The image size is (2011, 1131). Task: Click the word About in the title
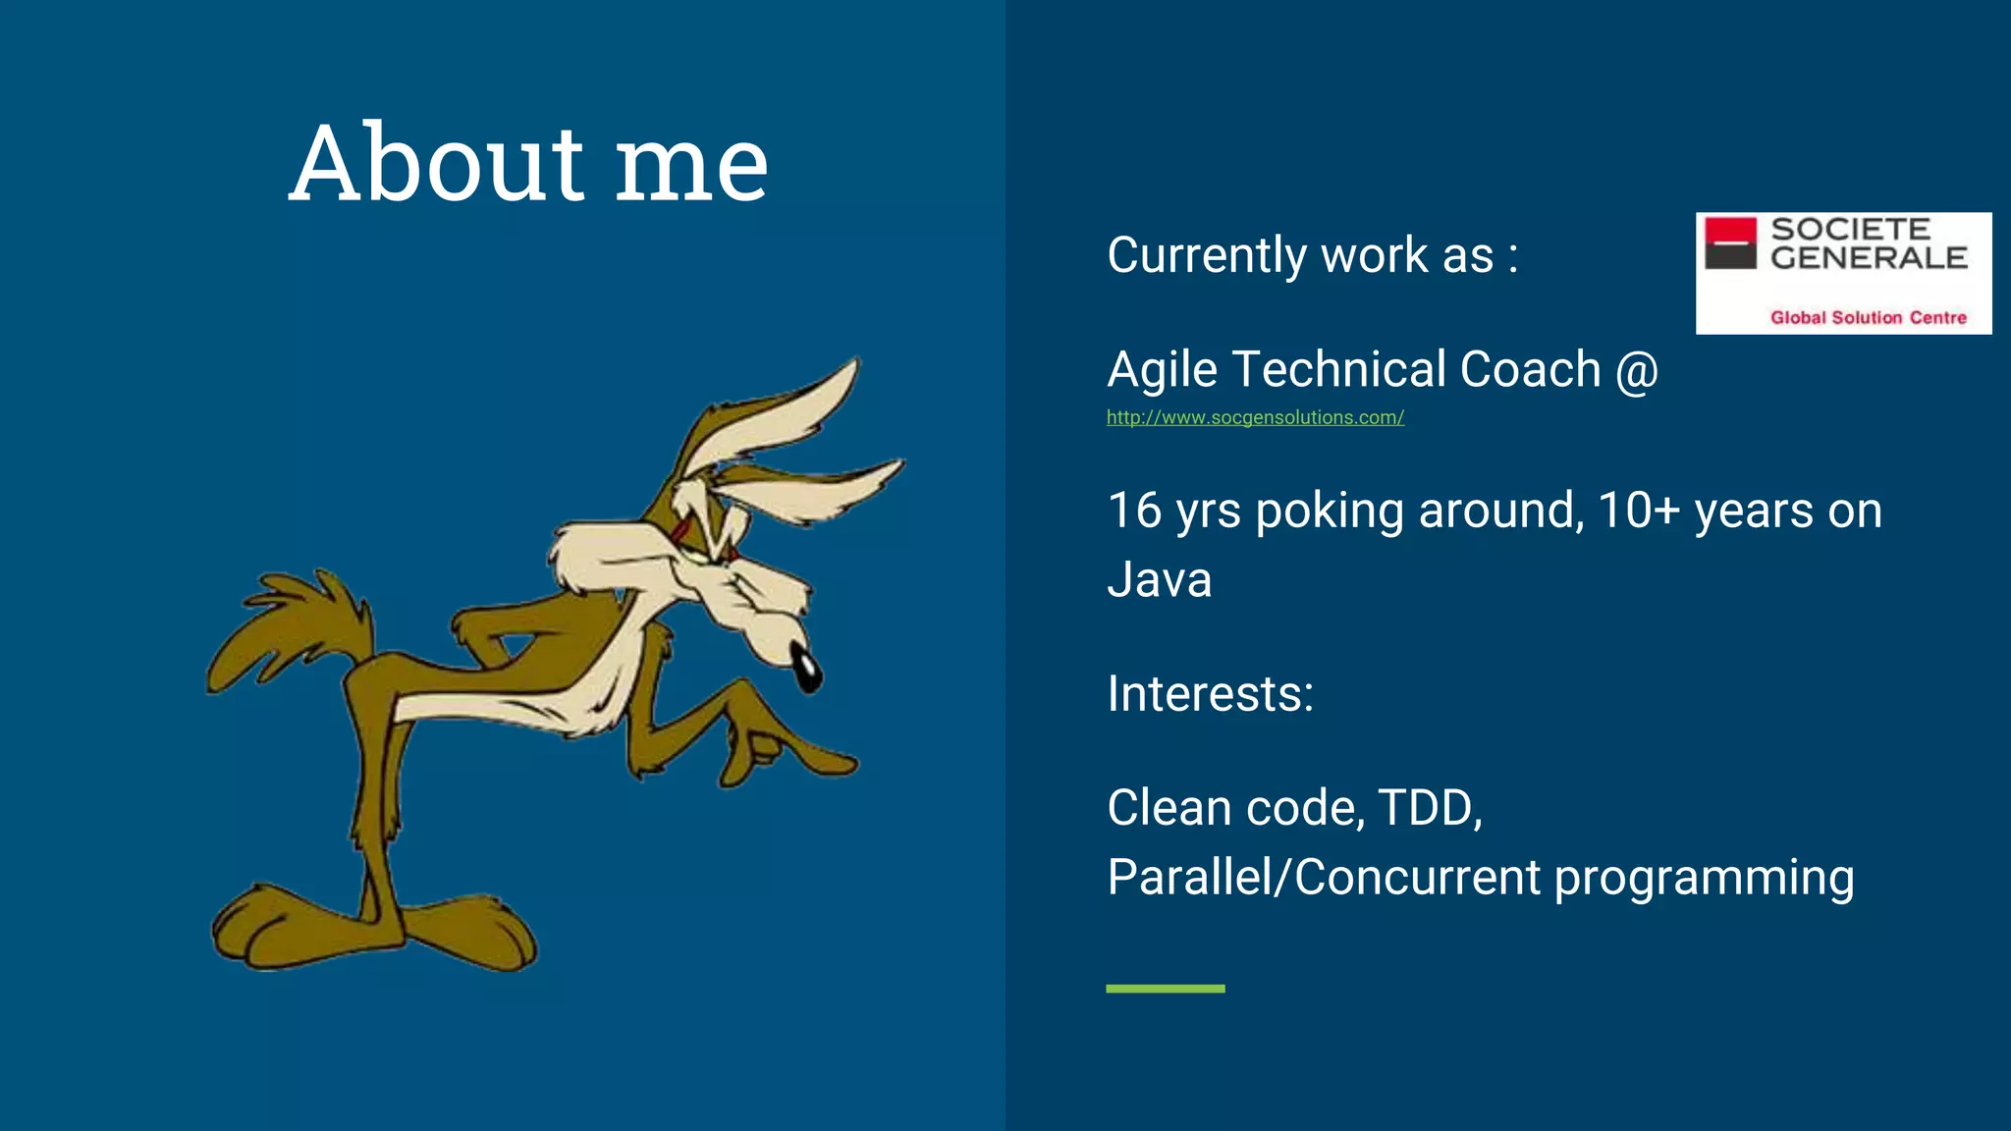tap(437, 164)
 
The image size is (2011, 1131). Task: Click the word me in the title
tap(691, 167)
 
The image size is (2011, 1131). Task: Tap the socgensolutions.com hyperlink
tap(1255, 417)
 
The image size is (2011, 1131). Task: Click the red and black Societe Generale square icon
tap(1730, 243)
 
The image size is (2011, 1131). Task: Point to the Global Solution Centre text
tap(1868, 317)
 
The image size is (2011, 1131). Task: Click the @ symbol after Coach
tap(1637, 371)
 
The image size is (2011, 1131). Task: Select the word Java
tap(1159, 579)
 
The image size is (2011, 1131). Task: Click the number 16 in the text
tap(1134, 511)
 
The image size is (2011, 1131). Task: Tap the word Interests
tap(1210, 694)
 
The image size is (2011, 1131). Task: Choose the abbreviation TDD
tap(1430, 808)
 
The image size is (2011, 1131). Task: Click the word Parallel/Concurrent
tap(1324, 877)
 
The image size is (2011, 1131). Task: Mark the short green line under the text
tap(1165, 989)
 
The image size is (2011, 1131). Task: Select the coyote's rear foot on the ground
tap(285, 928)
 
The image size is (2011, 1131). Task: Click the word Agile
tap(1162, 370)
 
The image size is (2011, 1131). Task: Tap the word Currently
tap(1207, 256)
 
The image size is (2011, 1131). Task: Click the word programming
tap(1704, 879)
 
